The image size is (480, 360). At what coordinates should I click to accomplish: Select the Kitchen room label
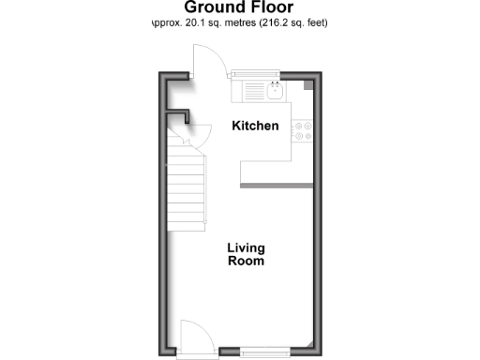point(255,126)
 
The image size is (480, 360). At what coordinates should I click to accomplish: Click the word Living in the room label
point(247,248)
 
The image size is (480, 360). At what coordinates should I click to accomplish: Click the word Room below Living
point(247,262)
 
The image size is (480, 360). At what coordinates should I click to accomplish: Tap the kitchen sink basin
point(276,91)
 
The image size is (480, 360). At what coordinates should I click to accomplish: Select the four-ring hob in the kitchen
point(303,132)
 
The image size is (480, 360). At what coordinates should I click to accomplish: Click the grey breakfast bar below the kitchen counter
point(277,187)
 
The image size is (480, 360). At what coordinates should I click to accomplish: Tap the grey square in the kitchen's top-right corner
point(307,85)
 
